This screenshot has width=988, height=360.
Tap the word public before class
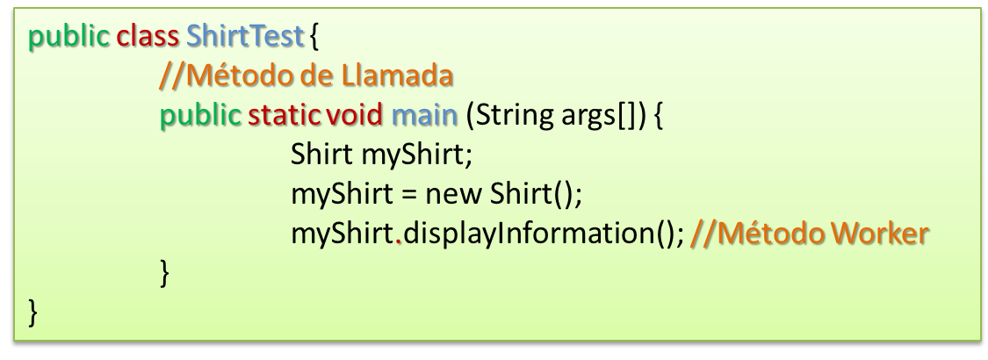tap(70, 38)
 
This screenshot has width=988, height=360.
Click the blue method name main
tap(418, 115)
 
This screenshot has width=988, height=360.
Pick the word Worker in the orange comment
tap(879, 234)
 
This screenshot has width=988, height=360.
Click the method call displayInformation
tap(530, 234)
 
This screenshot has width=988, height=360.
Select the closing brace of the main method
tap(164, 273)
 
